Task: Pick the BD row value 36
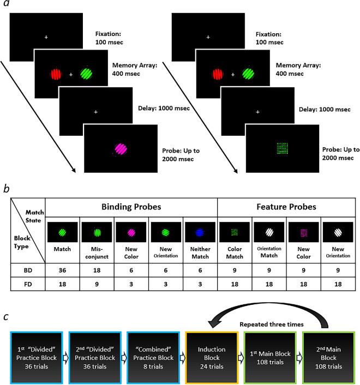point(63,269)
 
